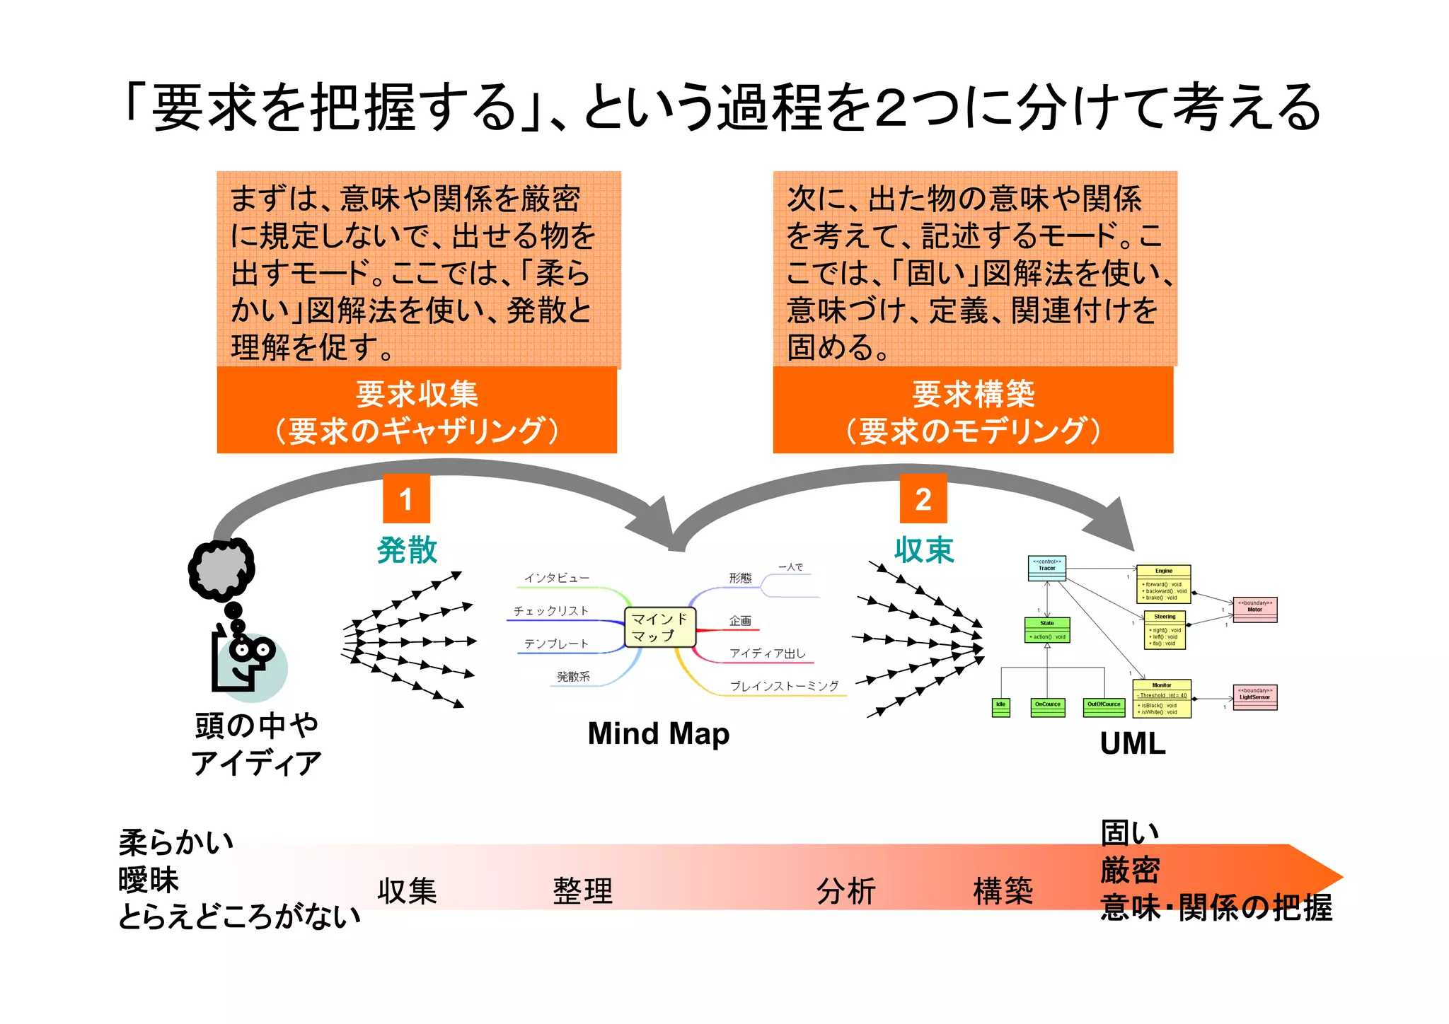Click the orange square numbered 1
(x=406, y=499)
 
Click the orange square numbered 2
(x=923, y=499)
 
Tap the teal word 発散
(x=407, y=549)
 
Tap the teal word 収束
(x=924, y=549)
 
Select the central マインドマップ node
(x=659, y=627)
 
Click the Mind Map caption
(x=658, y=733)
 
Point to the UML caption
(x=1132, y=743)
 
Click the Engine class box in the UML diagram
(x=1163, y=583)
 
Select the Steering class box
(x=1165, y=630)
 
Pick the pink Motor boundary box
(x=1254, y=610)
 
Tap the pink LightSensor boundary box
(x=1254, y=697)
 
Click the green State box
(x=1047, y=629)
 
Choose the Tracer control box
(x=1046, y=568)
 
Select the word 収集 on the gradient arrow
(x=407, y=891)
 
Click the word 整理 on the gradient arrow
(x=582, y=891)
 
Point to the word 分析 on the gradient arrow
(x=845, y=891)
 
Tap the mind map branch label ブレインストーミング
(x=784, y=686)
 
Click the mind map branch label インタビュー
(x=556, y=578)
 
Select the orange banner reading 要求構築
(x=973, y=410)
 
